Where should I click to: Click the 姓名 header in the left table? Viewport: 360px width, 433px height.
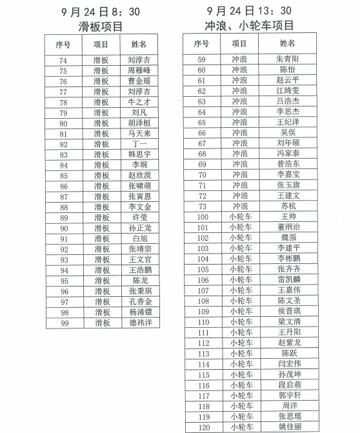139,45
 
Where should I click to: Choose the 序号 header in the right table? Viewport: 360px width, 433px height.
201,43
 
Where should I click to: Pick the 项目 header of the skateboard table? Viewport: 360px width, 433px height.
101,45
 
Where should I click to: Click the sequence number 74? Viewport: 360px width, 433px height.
63,61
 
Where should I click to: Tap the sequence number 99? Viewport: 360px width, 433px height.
63,322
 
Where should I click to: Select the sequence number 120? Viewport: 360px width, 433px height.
203,427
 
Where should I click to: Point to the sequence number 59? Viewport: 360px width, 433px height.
201,59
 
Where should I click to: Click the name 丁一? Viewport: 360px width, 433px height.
139,144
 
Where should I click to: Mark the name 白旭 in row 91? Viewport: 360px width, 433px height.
139,238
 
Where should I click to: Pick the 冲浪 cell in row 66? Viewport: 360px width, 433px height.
239,132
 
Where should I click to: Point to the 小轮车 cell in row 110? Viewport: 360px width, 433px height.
239,321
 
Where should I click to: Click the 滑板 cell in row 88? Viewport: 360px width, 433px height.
101,207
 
